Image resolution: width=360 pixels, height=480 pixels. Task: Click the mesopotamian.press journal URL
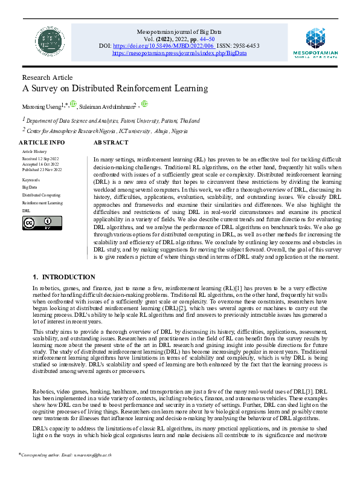(x=179, y=53)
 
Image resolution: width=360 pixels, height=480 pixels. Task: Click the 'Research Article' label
(x=47, y=77)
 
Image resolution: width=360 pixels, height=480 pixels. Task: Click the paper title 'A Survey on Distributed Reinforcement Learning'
(x=115, y=88)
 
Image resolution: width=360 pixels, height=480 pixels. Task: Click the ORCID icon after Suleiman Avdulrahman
(x=145, y=105)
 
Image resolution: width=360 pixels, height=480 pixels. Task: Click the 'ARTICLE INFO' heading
(x=42, y=143)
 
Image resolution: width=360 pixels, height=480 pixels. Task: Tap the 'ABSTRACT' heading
(x=111, y=143)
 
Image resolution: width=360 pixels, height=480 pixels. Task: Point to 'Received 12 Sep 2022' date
(x=40, y=158)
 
